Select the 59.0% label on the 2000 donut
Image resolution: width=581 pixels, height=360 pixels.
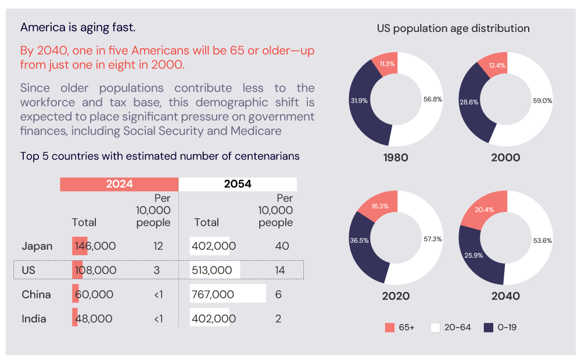tap(543, 100)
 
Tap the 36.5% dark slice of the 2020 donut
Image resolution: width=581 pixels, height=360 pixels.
tap(359, 240)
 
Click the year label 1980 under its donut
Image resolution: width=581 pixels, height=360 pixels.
tap(396, 157)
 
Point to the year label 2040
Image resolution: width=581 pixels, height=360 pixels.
tap(505, 296)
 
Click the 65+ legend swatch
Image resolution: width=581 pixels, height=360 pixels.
tap(390, 327)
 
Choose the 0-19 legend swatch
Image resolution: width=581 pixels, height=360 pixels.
tap(489, 327)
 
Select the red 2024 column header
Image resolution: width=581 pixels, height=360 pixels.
tap(119, 184)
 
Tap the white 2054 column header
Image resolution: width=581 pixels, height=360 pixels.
tap(238, 184)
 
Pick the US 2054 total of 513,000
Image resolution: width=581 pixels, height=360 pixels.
tap(213, 270)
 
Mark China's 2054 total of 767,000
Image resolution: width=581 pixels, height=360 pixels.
tap(213, 294)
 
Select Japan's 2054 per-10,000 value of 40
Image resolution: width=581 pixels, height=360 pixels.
tap(282, 246)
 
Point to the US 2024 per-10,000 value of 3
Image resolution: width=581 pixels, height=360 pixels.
tap(158, 270)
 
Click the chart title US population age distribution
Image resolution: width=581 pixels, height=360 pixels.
tap(453, 28)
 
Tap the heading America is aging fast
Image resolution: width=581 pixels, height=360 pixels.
tap(78, 27)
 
